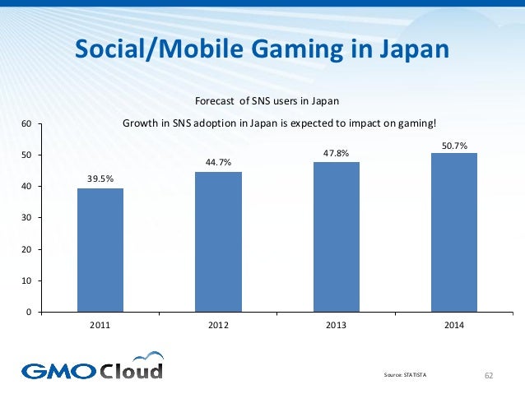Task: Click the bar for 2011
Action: click(x=100, y=250)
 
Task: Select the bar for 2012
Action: click(x=218, y=242)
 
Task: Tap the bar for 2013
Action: click(x=336, y=237)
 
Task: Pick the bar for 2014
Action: click(x=453, y=233)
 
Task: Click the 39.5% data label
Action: click(x=100, y=176)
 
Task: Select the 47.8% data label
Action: click(x=336, y=152)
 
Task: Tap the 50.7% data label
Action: click(x=453, y=145)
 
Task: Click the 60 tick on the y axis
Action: click(x=26, y=124)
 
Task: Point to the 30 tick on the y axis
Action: click(x=26, y=218)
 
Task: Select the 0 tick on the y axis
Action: click(x=29, y=313)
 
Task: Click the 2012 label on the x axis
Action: click(x=218, y=326)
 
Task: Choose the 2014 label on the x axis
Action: click(x=453, y=326)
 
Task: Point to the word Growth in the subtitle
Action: click(x=139, y=124)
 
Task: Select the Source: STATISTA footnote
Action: click(x=406, y=375)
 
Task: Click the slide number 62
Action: click(x=489, y=375)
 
